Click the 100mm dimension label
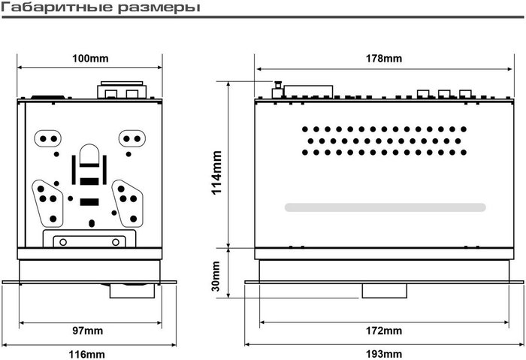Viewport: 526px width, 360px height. (x=90, y=59)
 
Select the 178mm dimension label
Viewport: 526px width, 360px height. (x=383, y=59)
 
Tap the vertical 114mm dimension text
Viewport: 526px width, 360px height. (x=217, y=172)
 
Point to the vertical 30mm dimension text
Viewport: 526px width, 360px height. (x=216, y=276)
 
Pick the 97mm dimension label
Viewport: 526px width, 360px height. (x=88, y=331)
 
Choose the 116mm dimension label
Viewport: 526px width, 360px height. (x=86, y=354)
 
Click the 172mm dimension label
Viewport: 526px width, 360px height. (x=383, y=331)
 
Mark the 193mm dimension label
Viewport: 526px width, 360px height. (x=383, y=354)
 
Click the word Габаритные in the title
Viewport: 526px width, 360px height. (x=57, y=8)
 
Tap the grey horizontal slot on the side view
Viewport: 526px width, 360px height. (x=385, y=207)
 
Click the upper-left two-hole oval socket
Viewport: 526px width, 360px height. (x=48, y=138)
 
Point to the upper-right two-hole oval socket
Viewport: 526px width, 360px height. (x=131, y=138)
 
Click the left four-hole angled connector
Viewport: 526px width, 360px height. (x=47, y=204)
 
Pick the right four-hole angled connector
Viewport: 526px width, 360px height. (x=128, y=204)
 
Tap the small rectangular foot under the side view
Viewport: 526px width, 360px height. (x=385, y=291)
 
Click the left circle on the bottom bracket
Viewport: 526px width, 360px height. (x=62, y=242)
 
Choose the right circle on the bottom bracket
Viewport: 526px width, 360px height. (x=116, y=242)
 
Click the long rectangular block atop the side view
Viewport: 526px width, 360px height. (x=308, y=91)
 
